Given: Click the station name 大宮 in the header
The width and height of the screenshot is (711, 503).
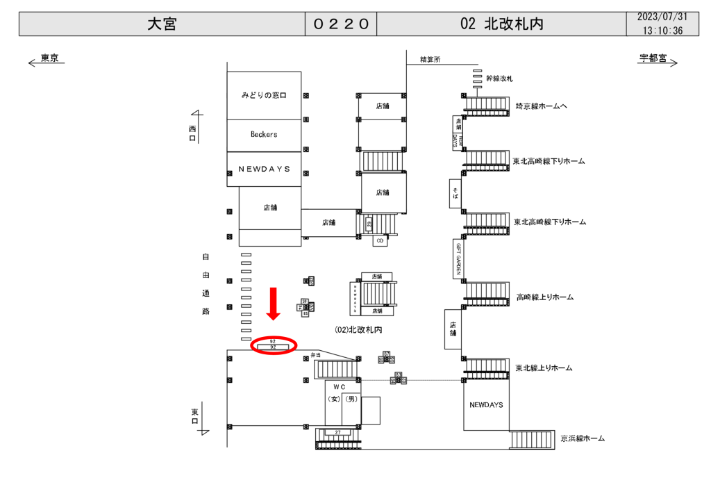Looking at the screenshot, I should click(162, 24).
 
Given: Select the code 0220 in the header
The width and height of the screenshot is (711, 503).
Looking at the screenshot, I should click(340, 24).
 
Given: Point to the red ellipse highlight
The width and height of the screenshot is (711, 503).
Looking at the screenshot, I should click(274, 344).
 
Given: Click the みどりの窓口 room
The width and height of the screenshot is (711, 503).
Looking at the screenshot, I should click(264, 94).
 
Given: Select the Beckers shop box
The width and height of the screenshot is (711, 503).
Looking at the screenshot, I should click(264, 134).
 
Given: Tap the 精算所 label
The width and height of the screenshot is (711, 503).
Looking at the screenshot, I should click(430, 60).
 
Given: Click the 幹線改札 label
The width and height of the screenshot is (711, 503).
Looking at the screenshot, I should click(499, 79).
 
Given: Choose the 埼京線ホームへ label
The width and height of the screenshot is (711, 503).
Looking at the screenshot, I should click(541, 106).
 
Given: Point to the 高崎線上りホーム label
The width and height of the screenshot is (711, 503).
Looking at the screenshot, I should click(544, 297).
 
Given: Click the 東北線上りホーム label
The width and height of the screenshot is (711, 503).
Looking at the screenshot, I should click(543, 368).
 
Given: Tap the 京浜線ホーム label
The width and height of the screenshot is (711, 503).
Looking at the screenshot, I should click(583, 438).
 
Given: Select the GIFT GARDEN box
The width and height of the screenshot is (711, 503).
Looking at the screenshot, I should click(458, 258).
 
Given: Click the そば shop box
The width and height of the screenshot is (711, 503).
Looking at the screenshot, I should click(455, 193).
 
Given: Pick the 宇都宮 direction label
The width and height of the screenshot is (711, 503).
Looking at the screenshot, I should click(653, 59).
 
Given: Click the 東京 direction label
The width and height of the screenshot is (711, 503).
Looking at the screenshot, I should click(49, 59).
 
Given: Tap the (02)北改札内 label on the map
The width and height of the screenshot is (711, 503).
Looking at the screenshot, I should click(358, 329).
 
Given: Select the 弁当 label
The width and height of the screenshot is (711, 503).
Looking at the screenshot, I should click(316, 355).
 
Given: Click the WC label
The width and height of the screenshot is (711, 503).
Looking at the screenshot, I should click(339, 386).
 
